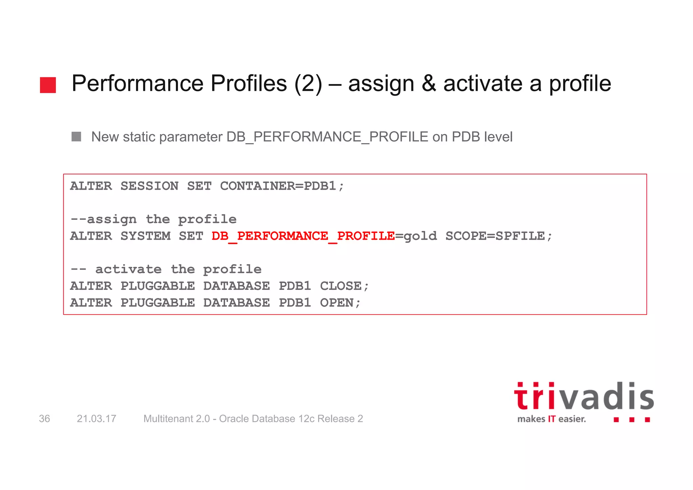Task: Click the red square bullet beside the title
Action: pyautogui.click(x=48, y=85)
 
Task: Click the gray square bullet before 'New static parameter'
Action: pyautogui.click(x=76, y=136)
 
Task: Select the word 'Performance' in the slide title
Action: pyautogui.click(x=137, y=84)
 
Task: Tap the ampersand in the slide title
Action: pyautogui.click(x=429, y=84)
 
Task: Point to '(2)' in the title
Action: pyautogui.click(x=308, y=84)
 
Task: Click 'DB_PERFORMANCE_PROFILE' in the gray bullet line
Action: pyautogui.click(x=327, y=137)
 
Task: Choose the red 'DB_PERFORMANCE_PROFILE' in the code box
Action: pyautogui.click(x=303, y=236)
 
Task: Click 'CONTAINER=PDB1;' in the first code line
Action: pyautogui.click(x=282, y=186)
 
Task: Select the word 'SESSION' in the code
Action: pyautogui.click(x=149, y=186)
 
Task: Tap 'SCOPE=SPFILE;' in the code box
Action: pyautogui.click(x=499, y=236)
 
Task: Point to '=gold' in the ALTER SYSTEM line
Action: pyautogui.click(x=416, y=236)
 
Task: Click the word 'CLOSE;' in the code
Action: pyautogui.click(x=344, y=286)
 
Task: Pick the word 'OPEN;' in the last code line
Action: pyautogui.click(x=340, y=303)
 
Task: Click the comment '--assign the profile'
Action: pyautogui.click(x=153, y=219)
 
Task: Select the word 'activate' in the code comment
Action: pyautogui.click(x=128, y=270)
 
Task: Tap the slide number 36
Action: pyautogui.click(x=44, y=419)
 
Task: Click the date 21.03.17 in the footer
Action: pyautogui.click(x=96, y=419)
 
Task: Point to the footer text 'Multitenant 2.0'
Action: pyautogui.click(x=176, y=419)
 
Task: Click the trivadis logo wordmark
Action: pyautogui.click(x=584, y=397)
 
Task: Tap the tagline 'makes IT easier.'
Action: pyautogui.click(x=551, y=419)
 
